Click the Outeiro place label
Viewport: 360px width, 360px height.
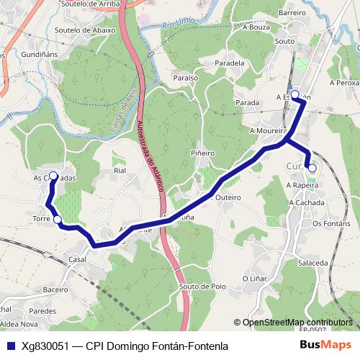click(228, 196)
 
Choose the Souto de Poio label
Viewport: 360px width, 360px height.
click(202, 286)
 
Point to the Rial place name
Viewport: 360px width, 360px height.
click(120, 171)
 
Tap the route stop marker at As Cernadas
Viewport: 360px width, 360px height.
click(53, 176)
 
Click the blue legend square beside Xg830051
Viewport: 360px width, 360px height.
click(10, 346)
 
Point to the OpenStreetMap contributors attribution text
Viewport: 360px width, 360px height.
click(297, 322)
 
